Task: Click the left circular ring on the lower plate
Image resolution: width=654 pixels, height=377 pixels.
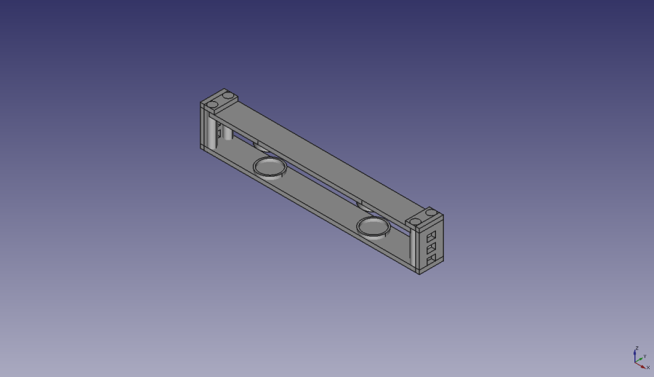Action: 270,167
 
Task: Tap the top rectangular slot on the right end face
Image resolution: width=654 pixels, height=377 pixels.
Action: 432,237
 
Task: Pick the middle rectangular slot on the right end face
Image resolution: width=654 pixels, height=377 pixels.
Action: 431,248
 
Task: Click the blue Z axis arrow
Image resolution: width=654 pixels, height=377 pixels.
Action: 636,354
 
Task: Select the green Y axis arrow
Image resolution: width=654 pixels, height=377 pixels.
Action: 639,358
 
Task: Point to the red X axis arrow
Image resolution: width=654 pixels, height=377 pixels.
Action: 642,364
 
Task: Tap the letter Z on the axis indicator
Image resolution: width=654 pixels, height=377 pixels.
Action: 637,349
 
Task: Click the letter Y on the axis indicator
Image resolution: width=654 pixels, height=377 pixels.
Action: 645,356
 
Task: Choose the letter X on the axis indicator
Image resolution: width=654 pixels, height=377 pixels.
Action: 648,368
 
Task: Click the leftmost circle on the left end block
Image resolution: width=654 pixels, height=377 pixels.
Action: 211,105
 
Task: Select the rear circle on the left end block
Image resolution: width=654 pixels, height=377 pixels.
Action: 227,96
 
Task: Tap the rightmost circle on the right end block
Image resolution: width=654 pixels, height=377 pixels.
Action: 431,213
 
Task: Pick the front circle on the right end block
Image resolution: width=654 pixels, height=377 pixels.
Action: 415,221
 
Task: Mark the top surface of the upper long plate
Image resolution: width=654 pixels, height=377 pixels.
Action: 327,156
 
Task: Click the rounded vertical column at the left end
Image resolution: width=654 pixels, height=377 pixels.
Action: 211,131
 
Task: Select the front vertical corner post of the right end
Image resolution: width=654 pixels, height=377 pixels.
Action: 416,251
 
